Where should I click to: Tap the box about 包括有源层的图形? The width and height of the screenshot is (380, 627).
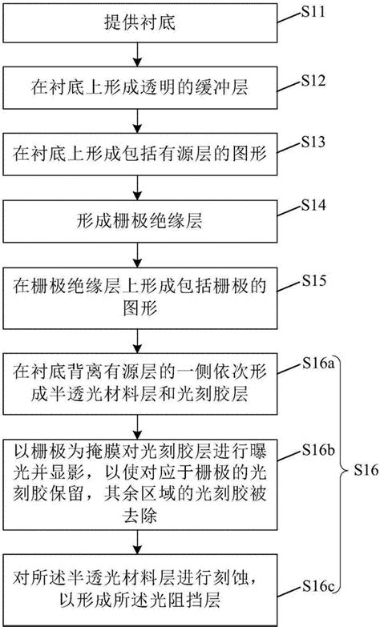pos(140,152)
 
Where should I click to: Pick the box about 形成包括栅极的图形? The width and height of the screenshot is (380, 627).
pos(140,293)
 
